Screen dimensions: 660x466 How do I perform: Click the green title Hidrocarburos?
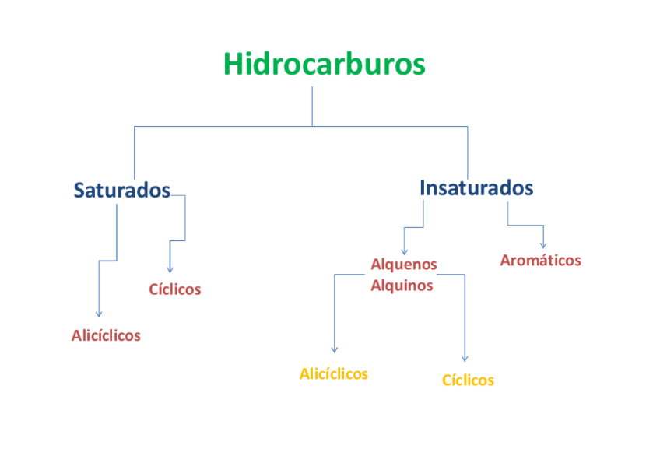[x=325, y=64]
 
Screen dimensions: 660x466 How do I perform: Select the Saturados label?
[x=121, y=191]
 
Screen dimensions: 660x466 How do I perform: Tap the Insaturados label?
[x=476, y=187]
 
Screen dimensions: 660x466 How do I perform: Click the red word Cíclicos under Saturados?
[x=175, y=289]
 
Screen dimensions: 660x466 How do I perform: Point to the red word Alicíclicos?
[x=106, y=335]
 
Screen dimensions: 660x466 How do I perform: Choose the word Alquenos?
[x=404, y=265]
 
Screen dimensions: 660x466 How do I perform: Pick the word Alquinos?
[x=402, y=285]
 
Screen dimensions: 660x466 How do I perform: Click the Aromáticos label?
[x=540, y=261]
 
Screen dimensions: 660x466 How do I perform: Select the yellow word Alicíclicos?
[x=333, y=374]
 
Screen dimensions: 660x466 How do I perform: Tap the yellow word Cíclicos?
[x=468, y=380]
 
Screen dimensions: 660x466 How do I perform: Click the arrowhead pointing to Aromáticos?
[x=542, y=245]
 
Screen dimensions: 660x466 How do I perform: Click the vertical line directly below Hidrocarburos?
[x=312, y=105]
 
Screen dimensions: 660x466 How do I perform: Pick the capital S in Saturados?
[x=79, y=191]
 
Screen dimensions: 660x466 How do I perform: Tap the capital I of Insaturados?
[x=423, y=187]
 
